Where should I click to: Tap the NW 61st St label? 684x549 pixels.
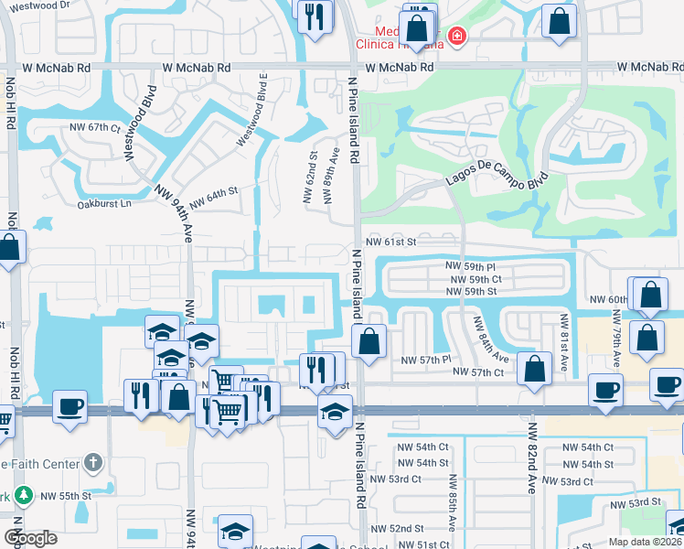pyautogui.click(x=390, y=242)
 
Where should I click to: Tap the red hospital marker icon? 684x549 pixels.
pyautogui.click(x=454, y=37)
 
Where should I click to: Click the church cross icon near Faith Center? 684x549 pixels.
pyautogui.click(x=92, y=463)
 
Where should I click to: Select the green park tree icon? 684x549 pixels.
pyautogui.click(x=24, y=496)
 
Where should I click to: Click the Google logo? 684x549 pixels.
pyautogui.click(x=30, y=538)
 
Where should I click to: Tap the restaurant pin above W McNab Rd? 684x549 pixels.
pyautogui.click(x=315, y=15)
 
